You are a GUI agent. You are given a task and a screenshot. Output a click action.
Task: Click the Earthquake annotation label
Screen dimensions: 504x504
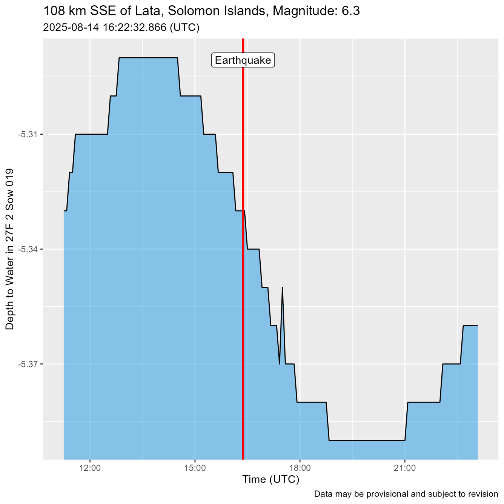click(x=243, y=60)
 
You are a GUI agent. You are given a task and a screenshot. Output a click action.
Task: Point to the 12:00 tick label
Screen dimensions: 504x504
click(x=90, y=469)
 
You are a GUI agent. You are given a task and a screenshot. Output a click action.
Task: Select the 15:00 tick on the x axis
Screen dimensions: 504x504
click(x=195, y=469)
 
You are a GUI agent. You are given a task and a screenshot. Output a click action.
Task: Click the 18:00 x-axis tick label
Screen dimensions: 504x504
click(x=300, y=469)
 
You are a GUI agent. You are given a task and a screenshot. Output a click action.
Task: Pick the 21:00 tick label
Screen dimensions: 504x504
click(x=404, y=469)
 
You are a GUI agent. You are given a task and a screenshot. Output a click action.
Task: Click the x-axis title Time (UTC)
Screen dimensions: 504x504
click(x=270, y=480)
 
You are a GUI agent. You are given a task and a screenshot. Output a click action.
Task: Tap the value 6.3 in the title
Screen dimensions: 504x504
click(x=351, y=11)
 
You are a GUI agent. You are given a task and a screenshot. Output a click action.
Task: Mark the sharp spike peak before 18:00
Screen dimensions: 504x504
click(x=282, y=287)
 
